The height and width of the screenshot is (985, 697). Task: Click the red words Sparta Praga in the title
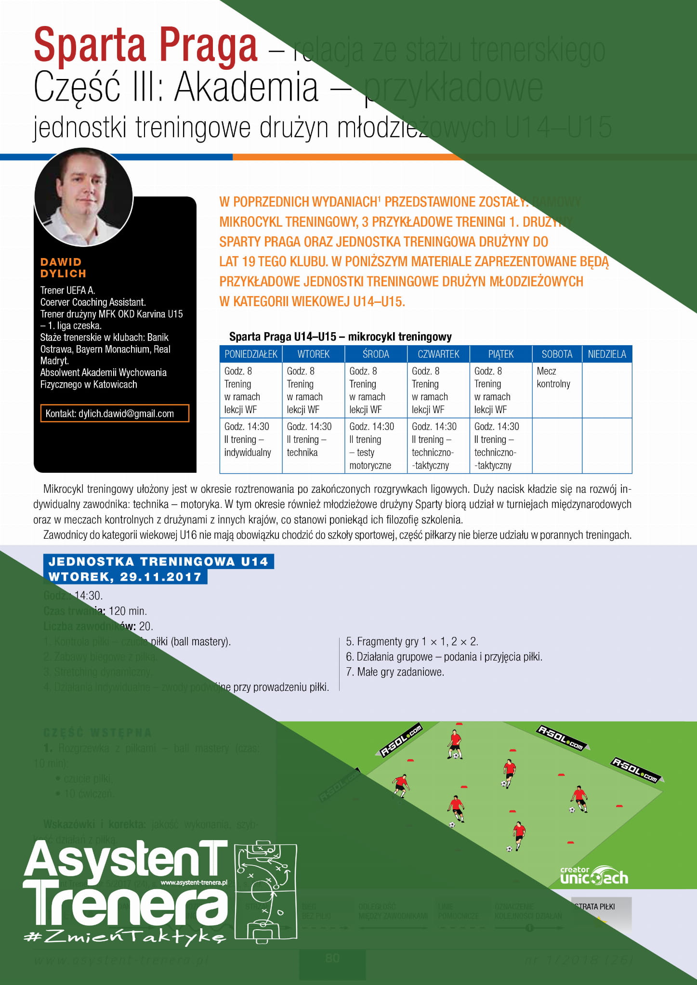coord(145,46)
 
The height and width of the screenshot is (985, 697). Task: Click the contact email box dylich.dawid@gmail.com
coord(114,414)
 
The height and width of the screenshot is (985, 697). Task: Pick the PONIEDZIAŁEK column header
coord(250,354)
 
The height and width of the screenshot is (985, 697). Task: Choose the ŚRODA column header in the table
coord(376,354)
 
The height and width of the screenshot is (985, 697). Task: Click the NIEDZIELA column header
coord(606,354)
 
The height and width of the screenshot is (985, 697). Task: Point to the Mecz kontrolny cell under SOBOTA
coord(553,377)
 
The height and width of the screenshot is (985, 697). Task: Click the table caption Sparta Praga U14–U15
coord(340,337)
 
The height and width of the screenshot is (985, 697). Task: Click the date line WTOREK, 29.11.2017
coord(125,577)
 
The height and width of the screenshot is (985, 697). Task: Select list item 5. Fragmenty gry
coord(412,641)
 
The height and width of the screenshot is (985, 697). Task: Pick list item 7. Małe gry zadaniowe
coord(395,672)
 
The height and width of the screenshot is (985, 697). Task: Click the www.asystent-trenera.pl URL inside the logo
coord(194,882)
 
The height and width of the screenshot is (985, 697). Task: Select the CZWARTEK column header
coord(438,354)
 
